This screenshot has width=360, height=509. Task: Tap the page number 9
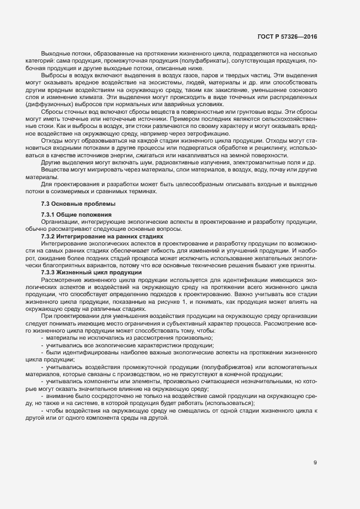pos(315,463)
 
